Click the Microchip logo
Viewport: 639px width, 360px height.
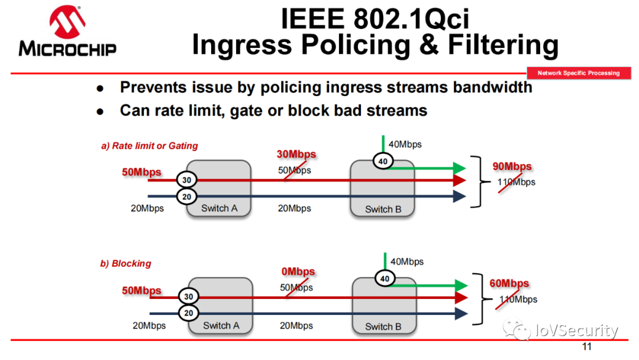click(67, 33)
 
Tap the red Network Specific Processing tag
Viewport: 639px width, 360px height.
click(578, 73)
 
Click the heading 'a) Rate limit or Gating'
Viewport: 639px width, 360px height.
click(149, 146)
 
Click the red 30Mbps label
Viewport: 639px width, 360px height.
click(296, 155)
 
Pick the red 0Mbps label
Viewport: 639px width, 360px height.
click(298, 272)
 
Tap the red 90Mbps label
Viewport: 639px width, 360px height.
click(512, 166)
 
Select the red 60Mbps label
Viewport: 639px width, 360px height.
click(509, 284)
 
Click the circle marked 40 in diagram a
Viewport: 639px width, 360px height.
click(383, 161)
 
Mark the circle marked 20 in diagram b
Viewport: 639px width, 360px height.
click(189, 313)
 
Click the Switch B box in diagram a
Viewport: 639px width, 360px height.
click(383, 188)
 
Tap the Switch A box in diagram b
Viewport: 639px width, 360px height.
click(221, 306)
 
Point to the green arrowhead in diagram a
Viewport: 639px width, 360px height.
click(460, 168)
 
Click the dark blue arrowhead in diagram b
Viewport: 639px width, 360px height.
click(461, 313)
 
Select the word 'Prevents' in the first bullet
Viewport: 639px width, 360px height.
click(152, 88)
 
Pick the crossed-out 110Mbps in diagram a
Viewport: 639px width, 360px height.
click(516, 182)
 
